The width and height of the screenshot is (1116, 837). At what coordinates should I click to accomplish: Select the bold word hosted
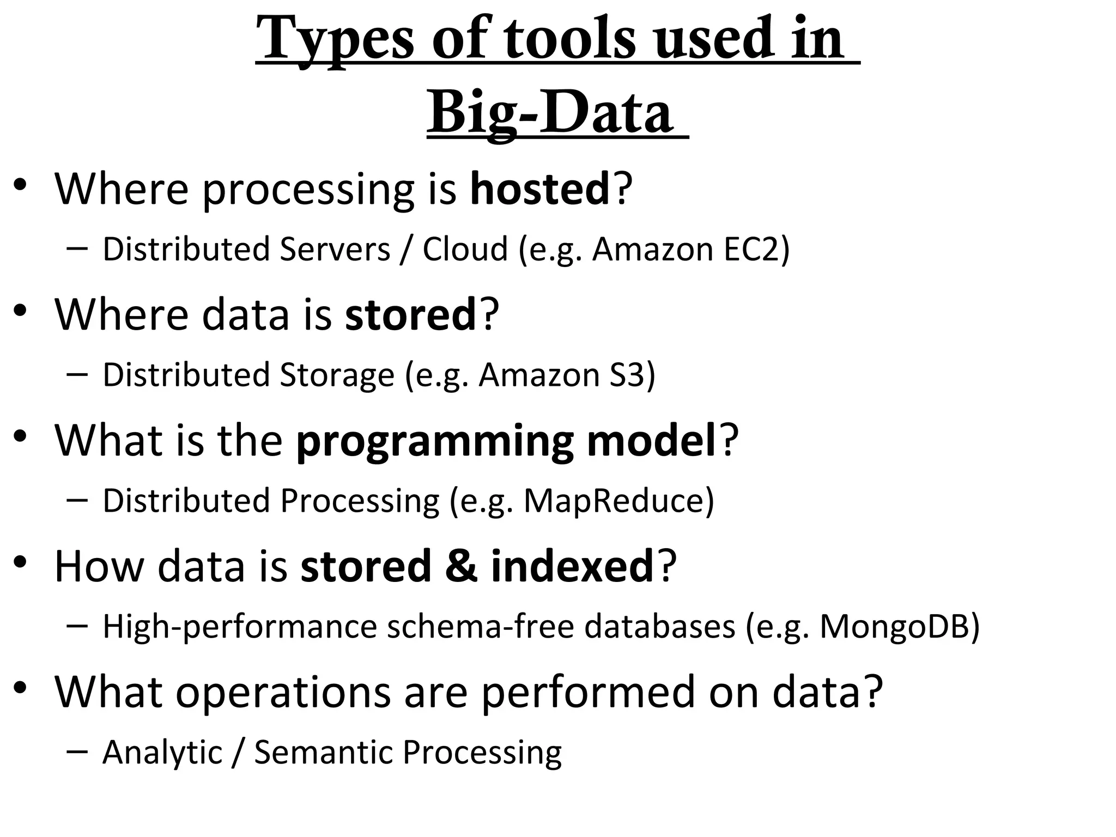click(x=539, y=189)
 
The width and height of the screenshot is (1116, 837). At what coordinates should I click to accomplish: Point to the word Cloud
click(x=465, y=250)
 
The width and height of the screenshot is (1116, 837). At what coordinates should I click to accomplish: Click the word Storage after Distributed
click(x=336, y=375)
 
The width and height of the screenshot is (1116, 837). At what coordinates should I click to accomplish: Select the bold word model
click(x=651, y=440)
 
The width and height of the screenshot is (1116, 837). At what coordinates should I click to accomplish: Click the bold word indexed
click(x=572, y=566)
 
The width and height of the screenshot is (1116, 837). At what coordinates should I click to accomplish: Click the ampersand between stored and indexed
click(x=461, y=566)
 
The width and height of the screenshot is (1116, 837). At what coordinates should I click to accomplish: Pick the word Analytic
click(x=162, y=753)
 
